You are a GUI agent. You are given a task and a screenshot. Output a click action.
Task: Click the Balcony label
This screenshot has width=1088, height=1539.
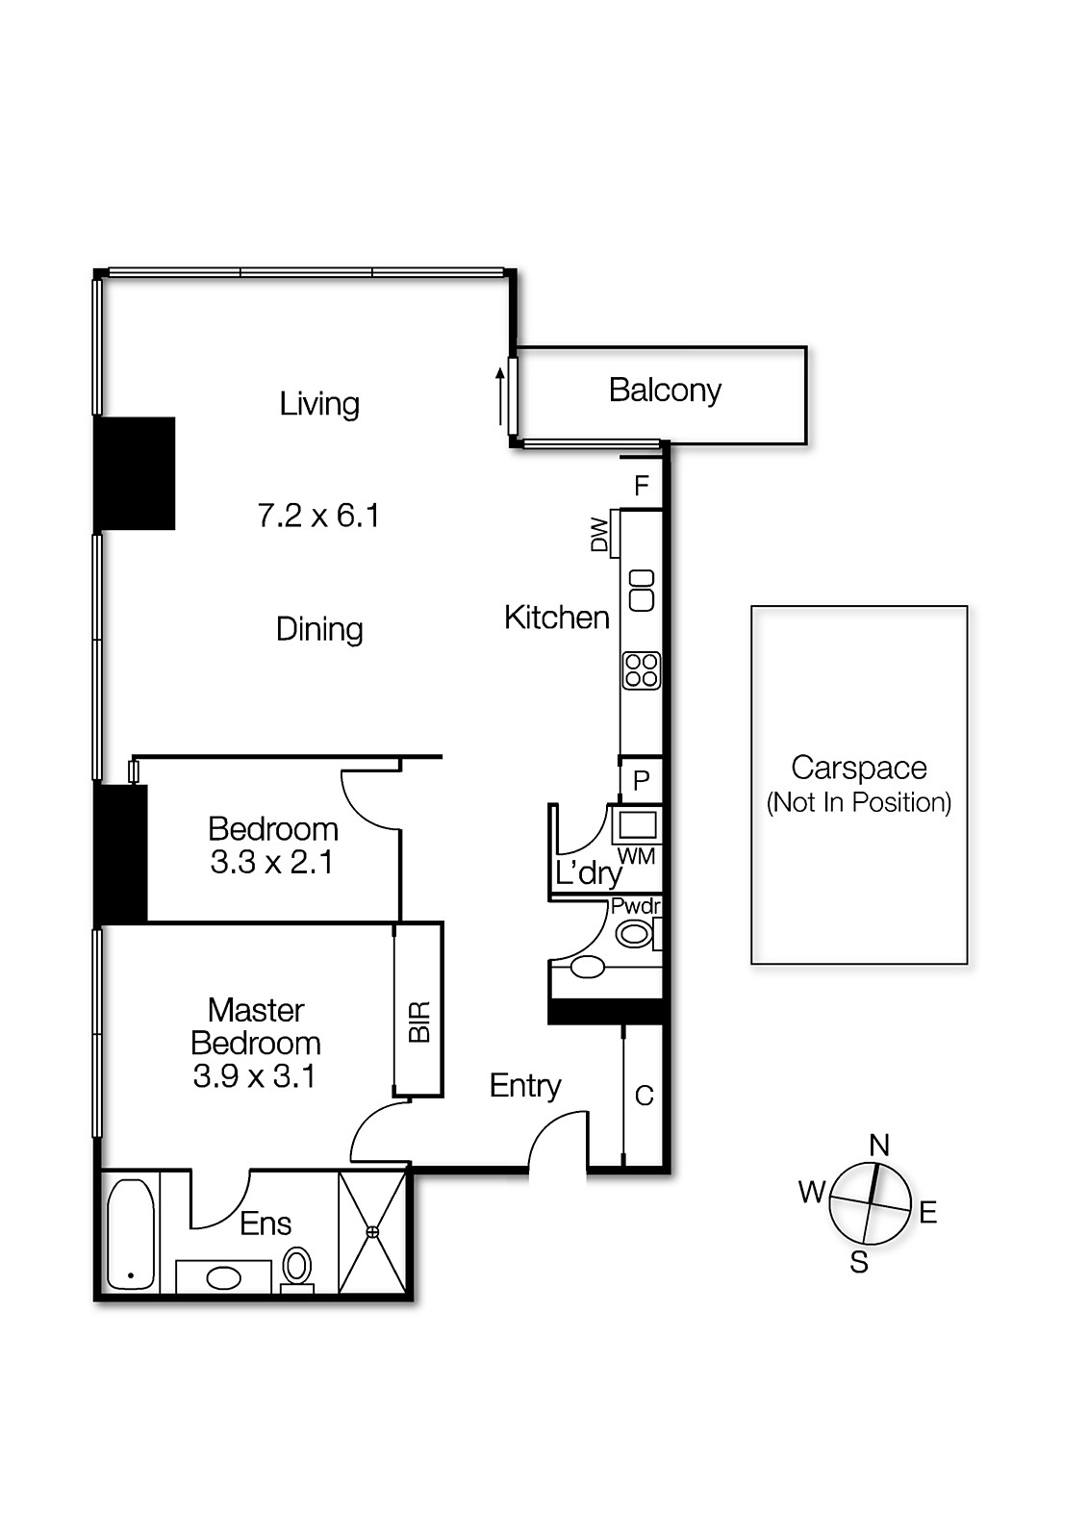coord(665,391)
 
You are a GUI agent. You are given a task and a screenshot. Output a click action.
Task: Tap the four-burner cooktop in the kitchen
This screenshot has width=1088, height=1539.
coord(642,670)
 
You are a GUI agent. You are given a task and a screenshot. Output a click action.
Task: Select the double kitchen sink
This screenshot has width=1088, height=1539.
coord(642,590)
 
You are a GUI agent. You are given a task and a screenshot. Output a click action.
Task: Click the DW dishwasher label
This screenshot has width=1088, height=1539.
coord(599,535)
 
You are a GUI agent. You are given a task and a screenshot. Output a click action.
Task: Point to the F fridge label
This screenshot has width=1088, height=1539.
coord(642,486)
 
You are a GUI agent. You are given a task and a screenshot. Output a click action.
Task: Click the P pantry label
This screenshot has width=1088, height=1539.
coord(642,780)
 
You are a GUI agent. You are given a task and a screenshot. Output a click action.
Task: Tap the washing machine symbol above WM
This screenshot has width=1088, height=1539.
coord(636,824)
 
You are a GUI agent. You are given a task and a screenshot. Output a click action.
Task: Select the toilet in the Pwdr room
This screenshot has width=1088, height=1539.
coord(634,933)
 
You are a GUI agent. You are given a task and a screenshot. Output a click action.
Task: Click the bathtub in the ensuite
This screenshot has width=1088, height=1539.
coord(130,1234)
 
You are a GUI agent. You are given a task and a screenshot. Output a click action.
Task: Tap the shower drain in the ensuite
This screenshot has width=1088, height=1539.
coord(372,1232)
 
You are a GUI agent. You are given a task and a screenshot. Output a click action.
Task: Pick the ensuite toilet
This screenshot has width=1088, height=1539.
coord(298,1267)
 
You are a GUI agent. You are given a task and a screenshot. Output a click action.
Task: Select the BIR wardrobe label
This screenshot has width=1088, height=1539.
coord(419,1022)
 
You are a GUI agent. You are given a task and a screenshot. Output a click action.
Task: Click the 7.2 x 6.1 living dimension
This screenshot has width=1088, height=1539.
coord(318,517)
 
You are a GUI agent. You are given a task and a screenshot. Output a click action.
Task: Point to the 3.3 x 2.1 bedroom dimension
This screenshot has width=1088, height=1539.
coord(272,863)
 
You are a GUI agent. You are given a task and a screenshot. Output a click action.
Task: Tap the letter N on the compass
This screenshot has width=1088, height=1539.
coord(879,1145)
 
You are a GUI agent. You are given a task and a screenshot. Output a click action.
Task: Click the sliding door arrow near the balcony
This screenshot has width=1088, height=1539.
coord(500,395)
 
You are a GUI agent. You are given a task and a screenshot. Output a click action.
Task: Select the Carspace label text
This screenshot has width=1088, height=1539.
coord(858,768)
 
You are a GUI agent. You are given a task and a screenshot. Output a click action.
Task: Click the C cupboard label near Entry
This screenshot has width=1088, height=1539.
coord(645,1096)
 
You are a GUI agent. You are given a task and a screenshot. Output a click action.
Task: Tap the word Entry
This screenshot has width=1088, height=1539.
coord(525,1086)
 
